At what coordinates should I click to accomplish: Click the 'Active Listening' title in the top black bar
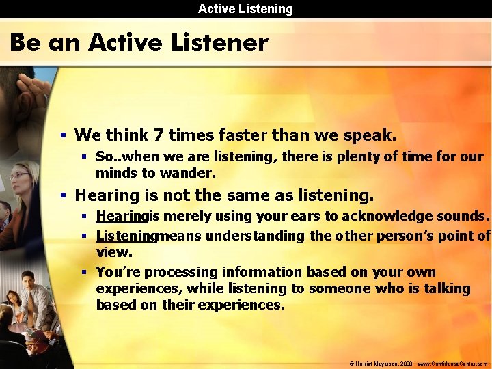(245, 9)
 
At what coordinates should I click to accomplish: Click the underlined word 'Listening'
(126, 236)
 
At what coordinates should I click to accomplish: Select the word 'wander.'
(191, 173)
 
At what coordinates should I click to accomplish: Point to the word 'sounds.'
(465, 217)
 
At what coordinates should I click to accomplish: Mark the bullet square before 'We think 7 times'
(63, 135)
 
